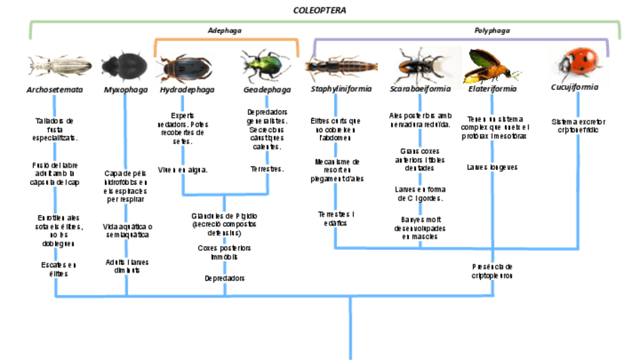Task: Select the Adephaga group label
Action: (x=225, y=31)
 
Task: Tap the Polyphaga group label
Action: (x=492, y=31)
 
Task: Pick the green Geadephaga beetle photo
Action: (x=266, y=66)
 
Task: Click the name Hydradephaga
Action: (x=186, y=89)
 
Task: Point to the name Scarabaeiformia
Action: (x=420, y=88)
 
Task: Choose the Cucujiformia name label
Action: (x=575, y=87)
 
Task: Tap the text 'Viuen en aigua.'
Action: (x=183, y=170)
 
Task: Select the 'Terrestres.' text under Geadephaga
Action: (x=266, y=169)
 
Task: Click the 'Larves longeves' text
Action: (x=492, y=167)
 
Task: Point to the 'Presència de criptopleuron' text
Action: (x=492, y=271)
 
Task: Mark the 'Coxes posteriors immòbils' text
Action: (x=224, y=252)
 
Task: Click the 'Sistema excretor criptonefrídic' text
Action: (x=578, y=125)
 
